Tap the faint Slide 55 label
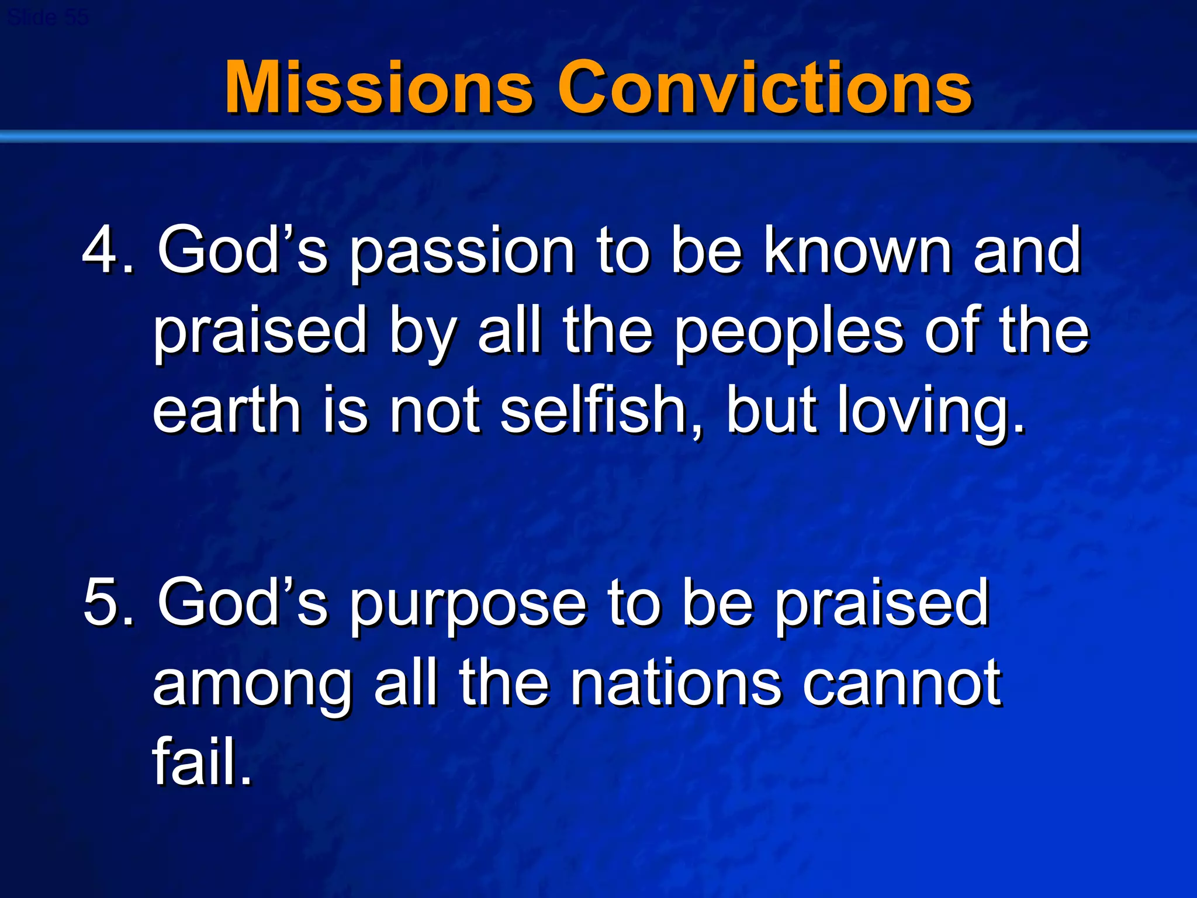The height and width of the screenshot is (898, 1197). [x=48, y=18]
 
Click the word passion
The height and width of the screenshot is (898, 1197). [x=462, y=253]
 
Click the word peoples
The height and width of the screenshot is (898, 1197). [x=788, y=332]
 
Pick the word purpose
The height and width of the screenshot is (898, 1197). [x=468, y=606]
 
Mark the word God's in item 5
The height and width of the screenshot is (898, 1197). [x=242, y=602]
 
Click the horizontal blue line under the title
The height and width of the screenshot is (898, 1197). [x=598, y=137]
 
